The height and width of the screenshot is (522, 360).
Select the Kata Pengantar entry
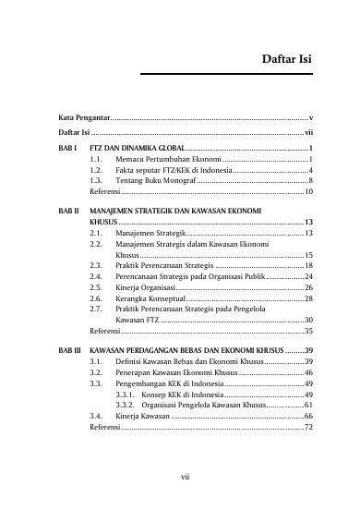(x=84, y=120)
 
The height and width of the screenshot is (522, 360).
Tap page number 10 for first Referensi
(x=309, y=193)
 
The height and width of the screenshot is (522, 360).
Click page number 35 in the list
(x=309, y=330)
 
